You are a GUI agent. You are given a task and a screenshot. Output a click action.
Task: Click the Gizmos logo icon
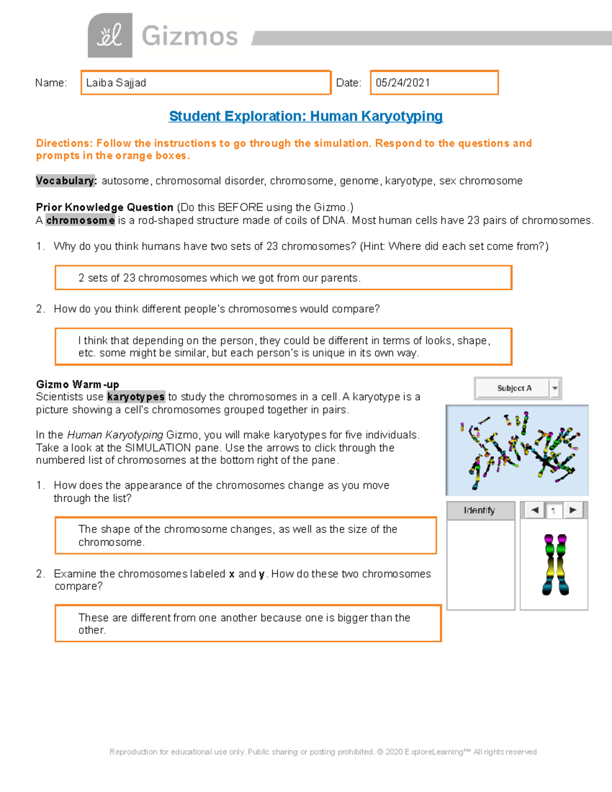[110, 35]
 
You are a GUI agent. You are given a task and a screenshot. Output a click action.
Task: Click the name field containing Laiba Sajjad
[206, 83]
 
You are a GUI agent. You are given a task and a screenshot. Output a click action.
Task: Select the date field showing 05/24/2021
[433, 83]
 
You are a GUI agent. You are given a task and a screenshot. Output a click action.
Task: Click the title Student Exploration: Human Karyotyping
[305, 116]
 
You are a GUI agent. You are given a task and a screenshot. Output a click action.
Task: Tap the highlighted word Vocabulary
[66, 181]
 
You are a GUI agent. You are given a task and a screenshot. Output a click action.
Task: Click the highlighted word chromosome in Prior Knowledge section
[80, 220]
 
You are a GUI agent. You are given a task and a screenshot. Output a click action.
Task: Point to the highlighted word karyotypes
[136, 397]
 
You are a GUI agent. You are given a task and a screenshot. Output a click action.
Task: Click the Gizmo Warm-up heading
[78, 384]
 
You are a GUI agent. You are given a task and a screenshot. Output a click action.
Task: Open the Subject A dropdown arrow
[555, 389]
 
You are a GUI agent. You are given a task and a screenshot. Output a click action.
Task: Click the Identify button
[480, 510]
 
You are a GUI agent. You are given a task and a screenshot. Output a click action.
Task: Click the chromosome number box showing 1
[553, 510]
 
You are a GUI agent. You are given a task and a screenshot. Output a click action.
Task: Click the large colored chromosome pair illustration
[555, 565]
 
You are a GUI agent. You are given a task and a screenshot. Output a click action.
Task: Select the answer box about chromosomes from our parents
[283, 278]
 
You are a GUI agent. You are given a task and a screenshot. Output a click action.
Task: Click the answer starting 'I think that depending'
[283, 347]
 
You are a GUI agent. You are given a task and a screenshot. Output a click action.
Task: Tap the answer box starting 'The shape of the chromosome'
[245, 535]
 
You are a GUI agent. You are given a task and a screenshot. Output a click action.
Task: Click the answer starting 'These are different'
[248, 623]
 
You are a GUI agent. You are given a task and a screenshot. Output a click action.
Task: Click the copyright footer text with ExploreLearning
[323, 752]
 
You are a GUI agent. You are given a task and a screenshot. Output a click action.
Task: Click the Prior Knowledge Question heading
[105, 207]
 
